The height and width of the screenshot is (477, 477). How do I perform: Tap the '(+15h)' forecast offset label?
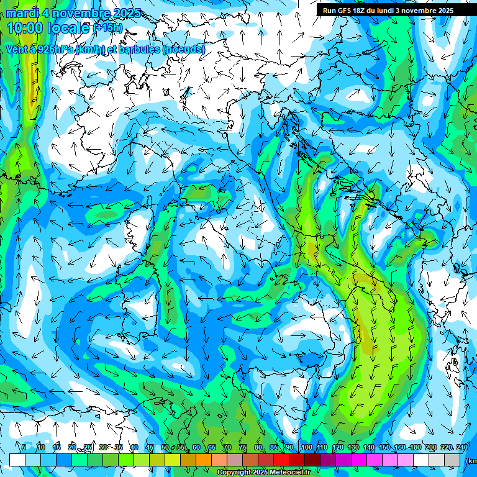[x=107, y=28]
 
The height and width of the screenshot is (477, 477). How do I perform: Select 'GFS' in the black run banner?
[x=345, y=11]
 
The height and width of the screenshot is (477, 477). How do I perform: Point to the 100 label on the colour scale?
[x=306, y=447]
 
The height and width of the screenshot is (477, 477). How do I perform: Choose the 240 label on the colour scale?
[x=461, y=447]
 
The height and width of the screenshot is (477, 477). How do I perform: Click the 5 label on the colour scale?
[x=24, y=447]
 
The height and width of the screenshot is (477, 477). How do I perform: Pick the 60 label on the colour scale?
[x=196, y=447]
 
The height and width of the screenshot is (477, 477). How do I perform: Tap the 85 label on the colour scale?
[x=274, y=447]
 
